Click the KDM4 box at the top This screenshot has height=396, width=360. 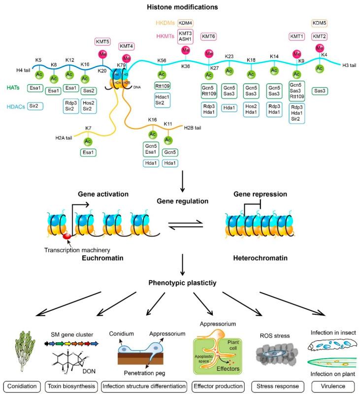[x=186, y=23]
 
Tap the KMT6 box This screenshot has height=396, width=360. [x=209, y=36]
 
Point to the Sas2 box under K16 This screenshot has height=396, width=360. [x=89, y=91]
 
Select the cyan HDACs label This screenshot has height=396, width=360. [x=15, y=105]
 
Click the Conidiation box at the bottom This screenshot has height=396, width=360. [x=22, y=385]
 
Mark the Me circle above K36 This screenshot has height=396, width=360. [x=186, y=50]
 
